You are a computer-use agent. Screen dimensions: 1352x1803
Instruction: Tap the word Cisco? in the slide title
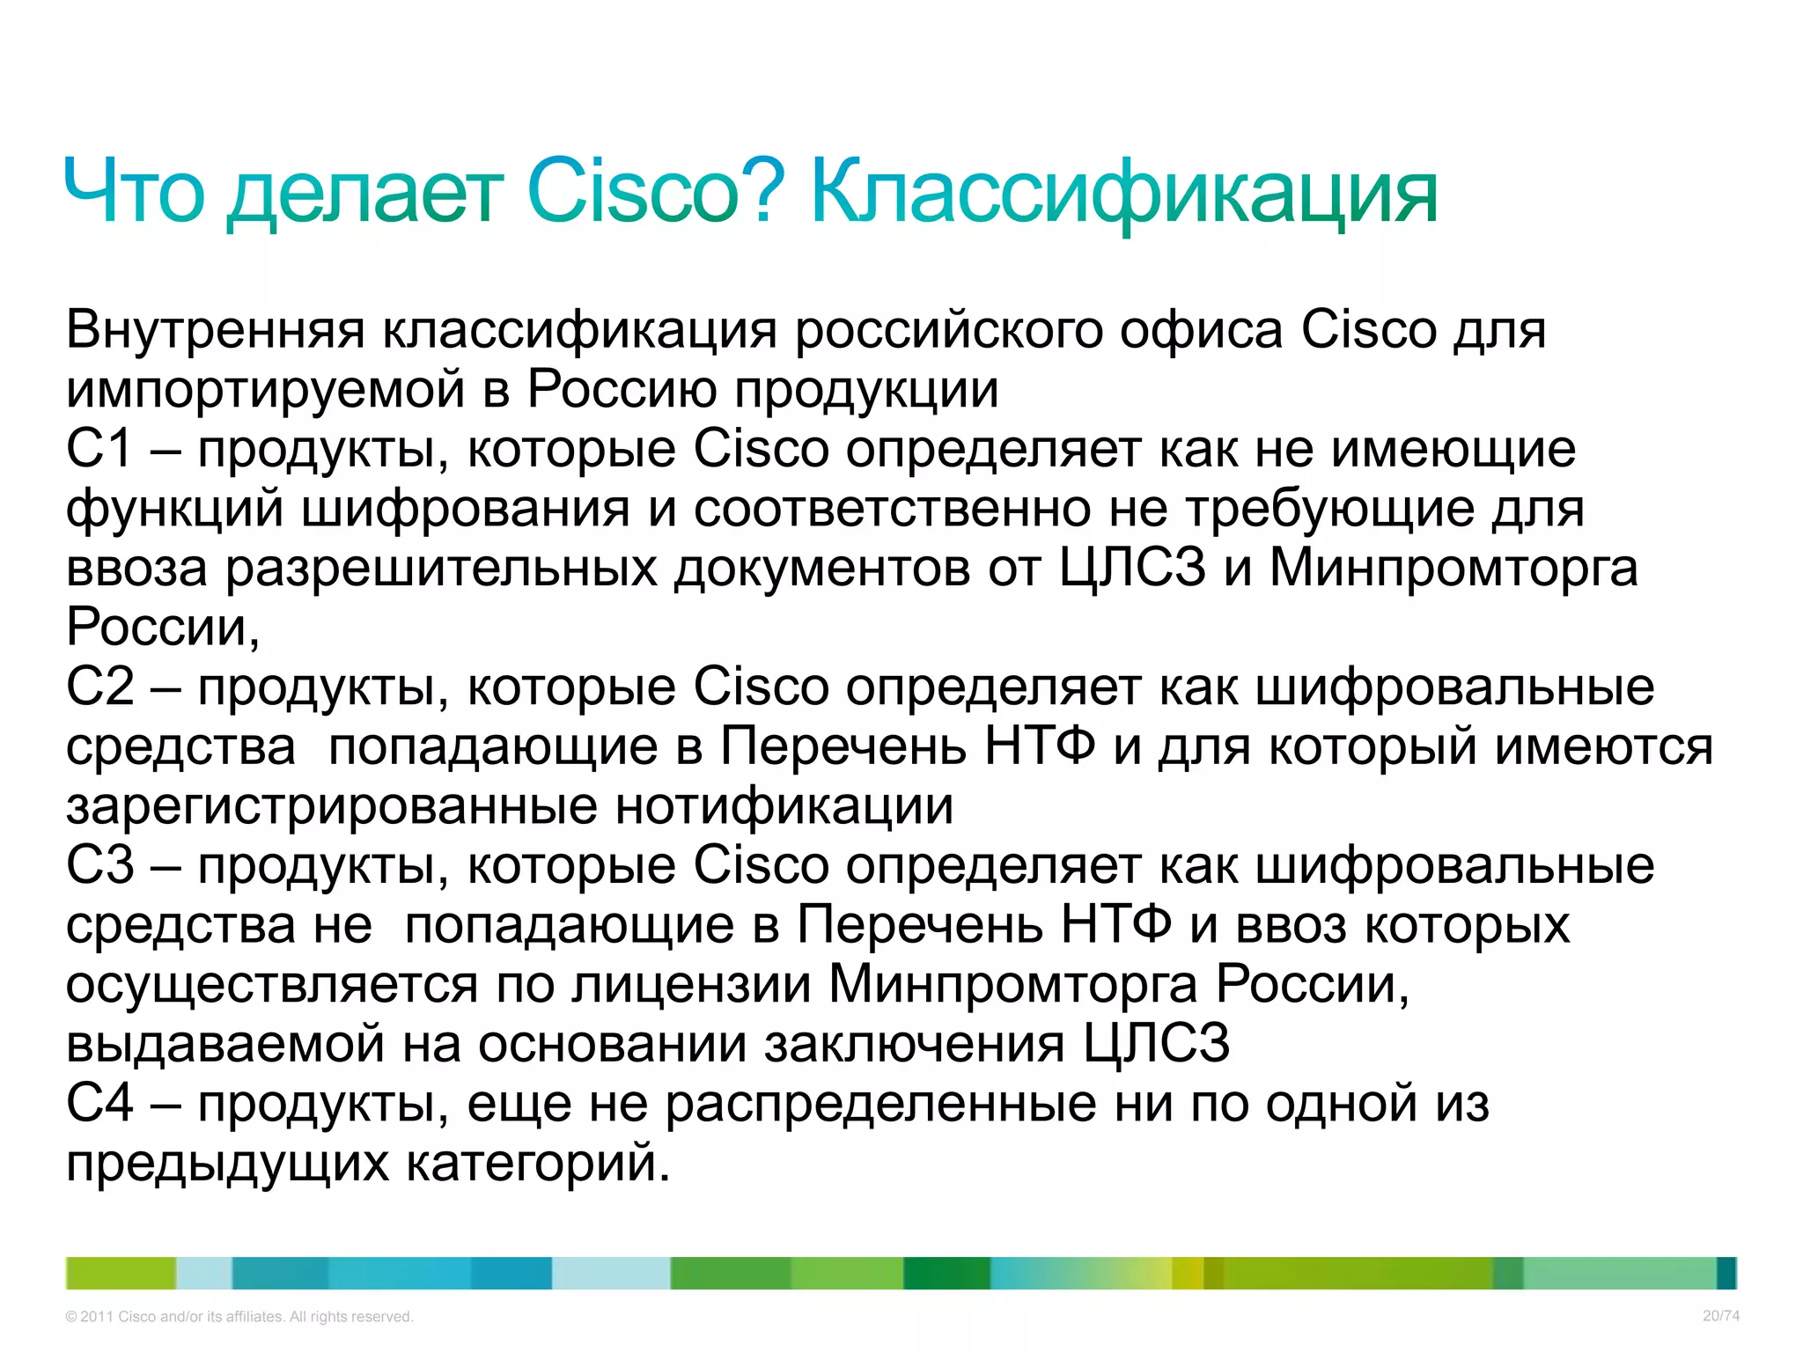coord(655,192)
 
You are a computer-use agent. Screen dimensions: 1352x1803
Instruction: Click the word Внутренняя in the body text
coord(215,331)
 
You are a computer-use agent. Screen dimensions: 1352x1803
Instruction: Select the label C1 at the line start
coord(99,449)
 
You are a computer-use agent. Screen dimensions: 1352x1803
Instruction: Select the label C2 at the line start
coord(99,687)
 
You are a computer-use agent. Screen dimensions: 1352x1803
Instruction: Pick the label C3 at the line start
coord(99,865)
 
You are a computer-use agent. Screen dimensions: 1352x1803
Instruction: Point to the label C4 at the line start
coord(99,1103)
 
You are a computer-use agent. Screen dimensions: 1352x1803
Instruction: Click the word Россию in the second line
coord(622,390)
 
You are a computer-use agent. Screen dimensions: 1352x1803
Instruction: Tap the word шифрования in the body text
coord(466,510)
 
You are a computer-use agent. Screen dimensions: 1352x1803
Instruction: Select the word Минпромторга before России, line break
coord(1453,569)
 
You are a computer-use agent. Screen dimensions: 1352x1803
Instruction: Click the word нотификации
coord(784,806)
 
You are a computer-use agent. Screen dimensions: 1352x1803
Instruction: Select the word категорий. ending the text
coord(538,1163)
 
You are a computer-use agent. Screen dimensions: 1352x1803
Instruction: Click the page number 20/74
coord(1720,1316)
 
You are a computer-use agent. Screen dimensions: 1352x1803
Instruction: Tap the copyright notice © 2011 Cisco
coord(239,1317)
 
